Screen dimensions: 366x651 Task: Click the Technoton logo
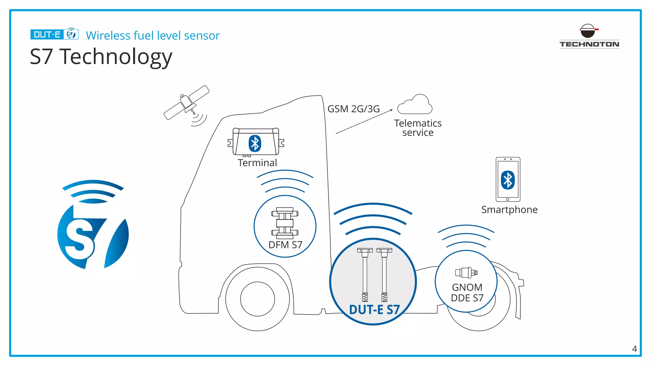589,36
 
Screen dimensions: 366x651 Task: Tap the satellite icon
187,103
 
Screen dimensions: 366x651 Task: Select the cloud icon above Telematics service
415,105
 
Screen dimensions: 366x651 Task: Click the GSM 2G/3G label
353,109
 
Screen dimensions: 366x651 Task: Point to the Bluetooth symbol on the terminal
255,144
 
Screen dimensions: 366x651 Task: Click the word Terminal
257,163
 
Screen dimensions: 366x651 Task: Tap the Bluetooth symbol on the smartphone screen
508,180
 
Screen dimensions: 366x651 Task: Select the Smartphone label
509,210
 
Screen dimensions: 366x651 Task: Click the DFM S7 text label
285,245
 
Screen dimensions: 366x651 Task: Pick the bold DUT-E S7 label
374,310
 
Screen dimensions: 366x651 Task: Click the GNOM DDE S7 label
467,293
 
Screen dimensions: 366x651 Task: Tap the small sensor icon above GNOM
466,273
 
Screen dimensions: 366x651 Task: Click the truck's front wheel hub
257,299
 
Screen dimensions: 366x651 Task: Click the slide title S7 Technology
101,57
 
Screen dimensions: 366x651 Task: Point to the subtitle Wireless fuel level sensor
153,36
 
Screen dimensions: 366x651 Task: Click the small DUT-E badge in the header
54,34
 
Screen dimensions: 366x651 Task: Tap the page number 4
634,349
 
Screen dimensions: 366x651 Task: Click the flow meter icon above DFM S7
285,223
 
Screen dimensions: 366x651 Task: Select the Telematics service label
418,128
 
